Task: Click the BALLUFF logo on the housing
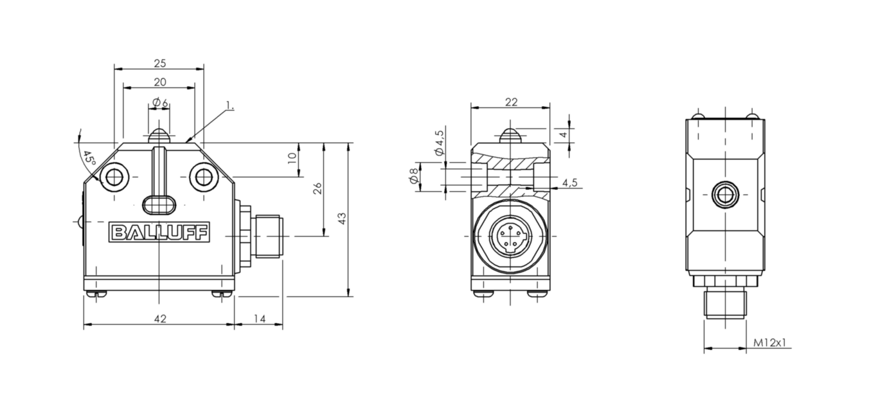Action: (x=159, y=232)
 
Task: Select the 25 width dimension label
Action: (x=160, y=63)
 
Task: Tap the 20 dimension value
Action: (x=160, y=82)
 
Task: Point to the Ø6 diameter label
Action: (x=161, y=103)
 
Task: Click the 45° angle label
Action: (x=89, y=158)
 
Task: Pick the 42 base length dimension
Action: (x=160, y=318)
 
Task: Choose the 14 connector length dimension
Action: (x=260, y=318)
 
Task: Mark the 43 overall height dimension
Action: (x=342, y=219)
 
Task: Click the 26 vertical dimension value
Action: (x=318, y=188)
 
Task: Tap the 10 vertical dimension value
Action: (x=292, y=158)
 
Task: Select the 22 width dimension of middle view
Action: (x=511, y=102)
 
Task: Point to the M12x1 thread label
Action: (x=769, y=342)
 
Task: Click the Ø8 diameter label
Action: (x=414, y=176)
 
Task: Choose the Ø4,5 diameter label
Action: (x=439, y=142)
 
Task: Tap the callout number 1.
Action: (x=229, y=106)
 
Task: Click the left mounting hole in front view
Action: (x=114, y=177)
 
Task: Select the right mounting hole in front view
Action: (x=204, y=177)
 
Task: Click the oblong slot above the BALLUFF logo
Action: (x=159, y=205)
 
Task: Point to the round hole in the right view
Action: (x=726, y=195)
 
